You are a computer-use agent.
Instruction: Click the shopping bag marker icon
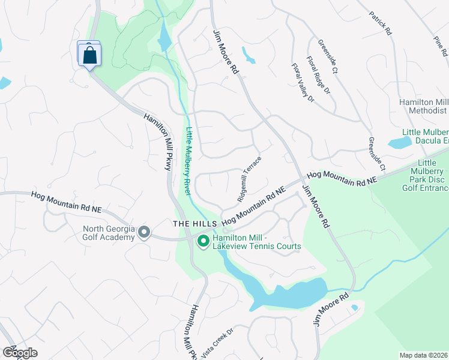pyautogui.click(x=89, y=55)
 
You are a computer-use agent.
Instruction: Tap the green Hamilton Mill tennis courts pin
pyautogui.click(x=203, y=241)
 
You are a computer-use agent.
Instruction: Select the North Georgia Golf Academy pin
pyautogui.click(x=143, y=232)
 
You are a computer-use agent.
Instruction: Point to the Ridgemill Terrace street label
pyautogui.click(x=249, y=178)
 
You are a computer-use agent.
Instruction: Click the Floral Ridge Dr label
pyautogui.click(x=318, y=75)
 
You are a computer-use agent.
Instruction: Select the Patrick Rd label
pyautogui.click(x=380, y=22)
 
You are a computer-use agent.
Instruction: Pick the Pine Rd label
pyautogui.click(x=441, y=46)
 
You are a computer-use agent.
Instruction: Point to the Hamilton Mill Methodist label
pyautogui.click(x=424, y=107)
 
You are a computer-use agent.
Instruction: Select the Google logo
pyautogui.click(x=19, y=352)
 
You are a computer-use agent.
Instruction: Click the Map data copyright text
pyautogui.click(x=423, y=355)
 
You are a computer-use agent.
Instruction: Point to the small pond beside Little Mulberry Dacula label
pyautogui.click(x=400, y=143)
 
